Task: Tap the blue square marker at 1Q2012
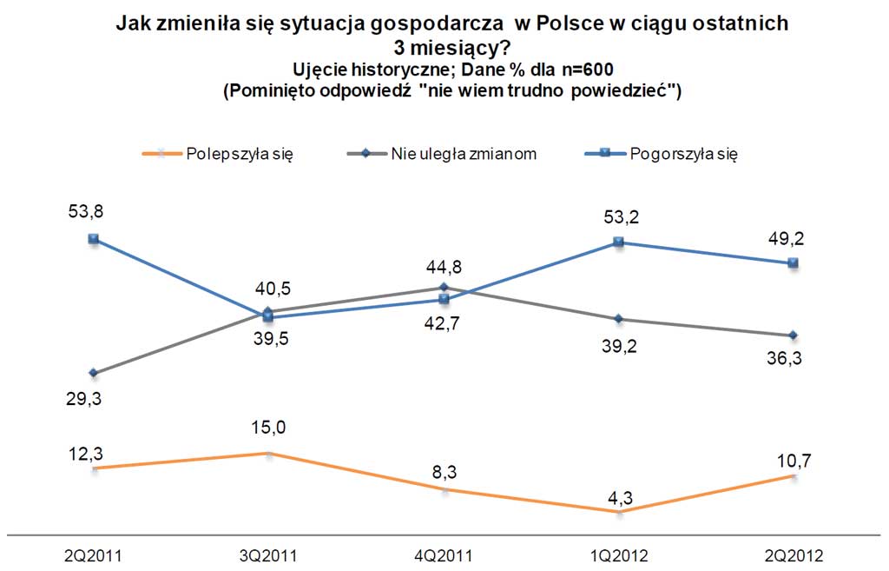[x=618, y=242]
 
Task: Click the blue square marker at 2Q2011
[x=93, y=239]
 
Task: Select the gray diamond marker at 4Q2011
[x=444, y=287]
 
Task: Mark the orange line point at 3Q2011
[x=268, y=454]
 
